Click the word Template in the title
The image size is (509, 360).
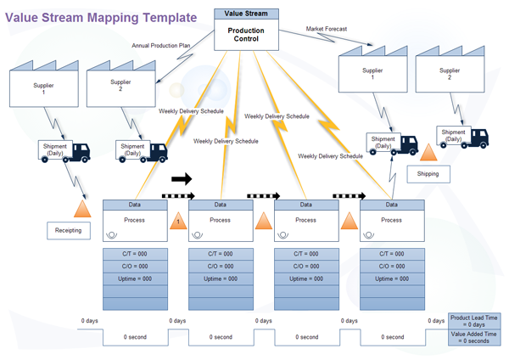click(x=161, y=17)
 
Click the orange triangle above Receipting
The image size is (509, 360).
click(x=82, y=208)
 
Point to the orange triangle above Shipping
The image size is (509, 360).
click(x=429, y=153)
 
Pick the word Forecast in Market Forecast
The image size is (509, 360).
click(x=343, y=30)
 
